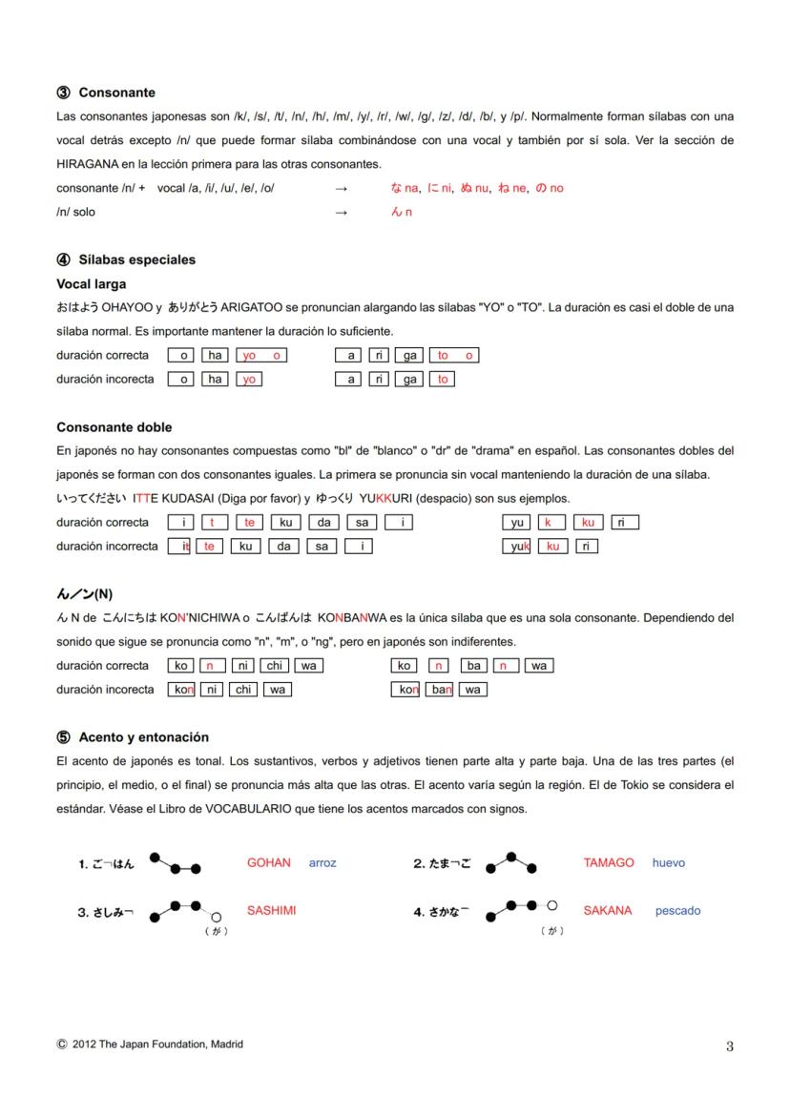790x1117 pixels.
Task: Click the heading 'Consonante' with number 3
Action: click(x=116, y=93)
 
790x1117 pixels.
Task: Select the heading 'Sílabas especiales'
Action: click(x=136, y=259)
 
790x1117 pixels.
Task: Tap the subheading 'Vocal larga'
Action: click(x=91, y=284)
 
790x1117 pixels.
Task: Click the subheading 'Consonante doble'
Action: click(x=114, y=427)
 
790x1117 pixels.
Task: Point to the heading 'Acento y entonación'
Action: click(x=143, y=737)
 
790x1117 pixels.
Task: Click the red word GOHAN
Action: click(x=268, y=863)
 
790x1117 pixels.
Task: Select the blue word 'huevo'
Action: click(x=668, y=863)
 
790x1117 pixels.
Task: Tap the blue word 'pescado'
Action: click(x=677, y=911)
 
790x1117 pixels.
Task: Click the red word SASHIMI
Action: click(x=271, y=911)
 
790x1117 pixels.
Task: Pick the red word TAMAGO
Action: click(x=608, y=863)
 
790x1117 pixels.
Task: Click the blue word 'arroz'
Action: click(x=322, y=863)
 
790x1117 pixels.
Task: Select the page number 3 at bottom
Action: click(x=729, y=1046)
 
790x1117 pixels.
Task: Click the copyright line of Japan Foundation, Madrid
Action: click(x=150, y=1045)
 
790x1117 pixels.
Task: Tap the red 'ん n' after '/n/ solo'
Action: click(x=402, y=213)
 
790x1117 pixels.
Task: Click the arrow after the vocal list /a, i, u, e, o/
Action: click(x=341, y=189)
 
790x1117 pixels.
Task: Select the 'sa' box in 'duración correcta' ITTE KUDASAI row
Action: click(x=362, y=523)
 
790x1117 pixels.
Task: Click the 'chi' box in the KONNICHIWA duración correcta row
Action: click(x=274, y=666)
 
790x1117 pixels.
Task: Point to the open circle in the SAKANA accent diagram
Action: click(x=551, y=904)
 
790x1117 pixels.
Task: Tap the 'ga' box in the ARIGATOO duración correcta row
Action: click(x=410, y=356)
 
